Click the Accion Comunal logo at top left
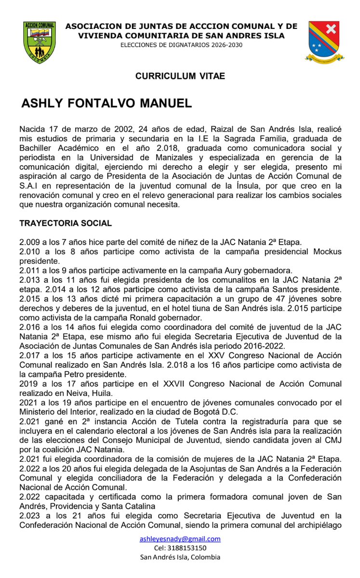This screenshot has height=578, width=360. pyautogui.click(x=40, y=42)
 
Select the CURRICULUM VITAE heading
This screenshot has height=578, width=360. pyautogui.click(x=180, y=76)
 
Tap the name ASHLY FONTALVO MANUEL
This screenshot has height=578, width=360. pyautogui.click(x=107, y=104)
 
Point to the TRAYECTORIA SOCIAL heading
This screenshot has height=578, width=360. pyautogui.click(x=66, y=223)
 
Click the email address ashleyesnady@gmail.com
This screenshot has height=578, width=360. pyautogui.click(x=180, y=539)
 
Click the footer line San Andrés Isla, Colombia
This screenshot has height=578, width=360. pyautogui.click(x=180, y=557)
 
